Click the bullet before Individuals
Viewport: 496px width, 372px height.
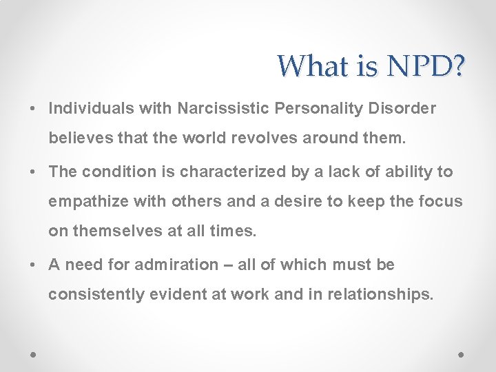point(33,110)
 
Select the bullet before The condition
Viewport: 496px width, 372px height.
point(33,172)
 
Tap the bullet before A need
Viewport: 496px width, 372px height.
point(33,265)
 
